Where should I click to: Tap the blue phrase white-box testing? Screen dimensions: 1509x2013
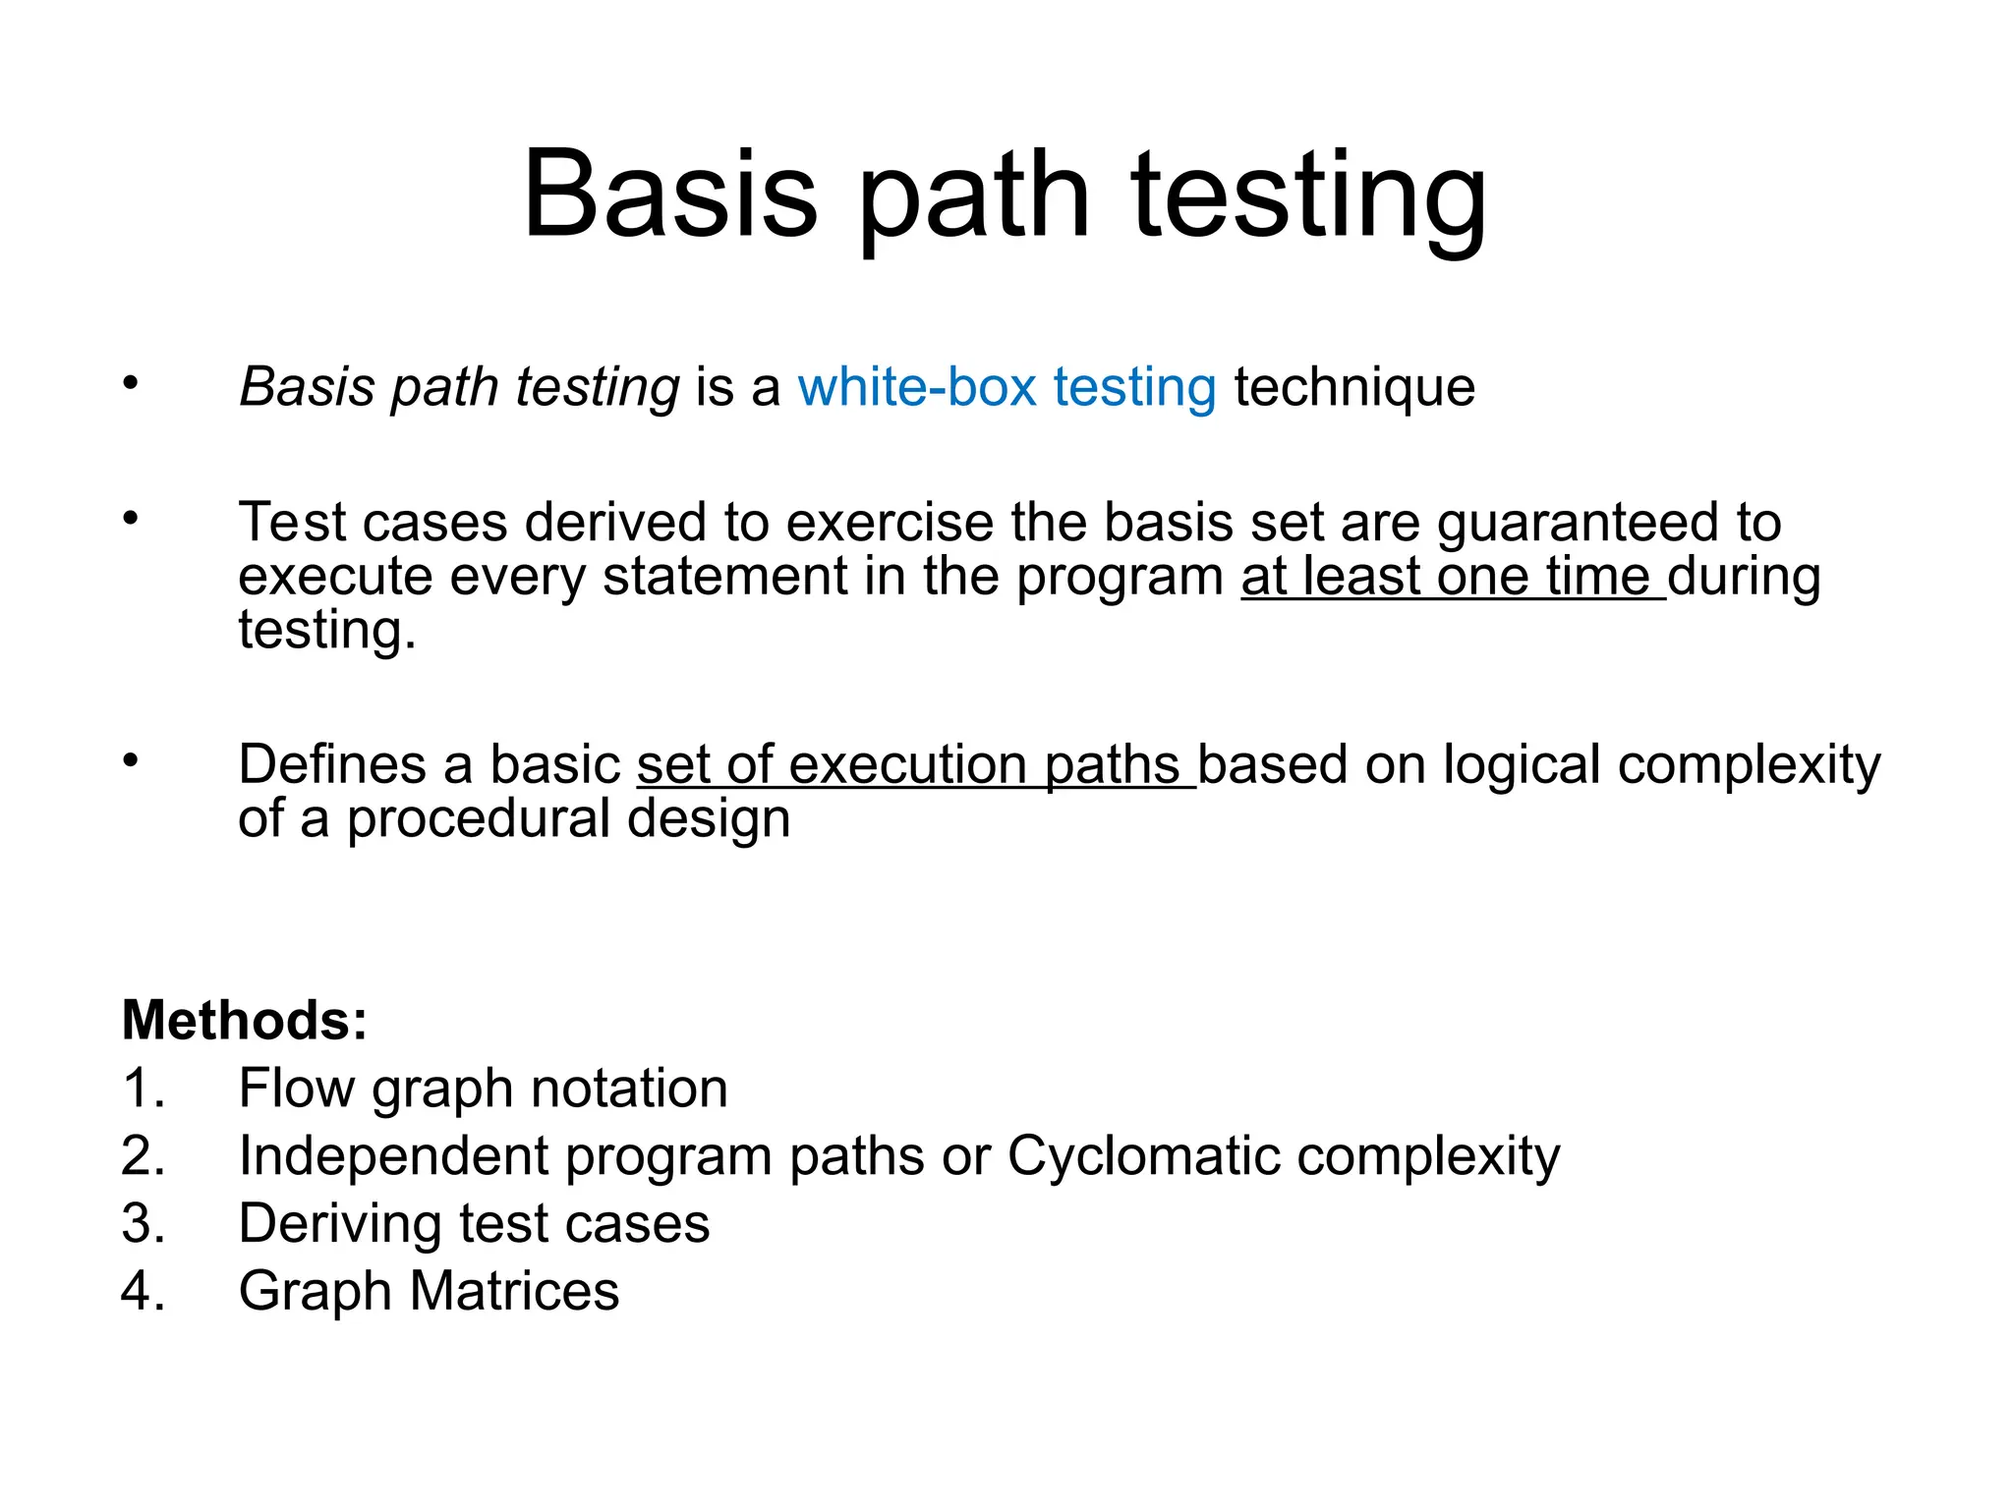click(1006, 386)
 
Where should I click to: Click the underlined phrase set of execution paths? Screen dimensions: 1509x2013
click(915, 765)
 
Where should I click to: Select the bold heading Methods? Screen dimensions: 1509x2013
click(245, 1020)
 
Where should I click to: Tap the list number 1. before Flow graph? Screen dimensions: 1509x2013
click(144, 1089)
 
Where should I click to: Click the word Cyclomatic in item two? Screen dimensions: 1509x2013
click(1142, 1156)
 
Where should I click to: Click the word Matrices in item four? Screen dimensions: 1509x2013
click(514, 1291)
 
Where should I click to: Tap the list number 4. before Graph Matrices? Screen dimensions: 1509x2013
click(144, 1291)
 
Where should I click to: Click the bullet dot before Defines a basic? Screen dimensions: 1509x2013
click(131, 760)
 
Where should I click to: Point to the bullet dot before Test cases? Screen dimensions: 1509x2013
click(131, 518)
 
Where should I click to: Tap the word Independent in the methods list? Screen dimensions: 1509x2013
click(393, 1156)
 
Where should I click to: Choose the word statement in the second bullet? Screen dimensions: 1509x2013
click(724, 577)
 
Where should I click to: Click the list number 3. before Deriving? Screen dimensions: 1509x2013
click(144, 1224)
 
